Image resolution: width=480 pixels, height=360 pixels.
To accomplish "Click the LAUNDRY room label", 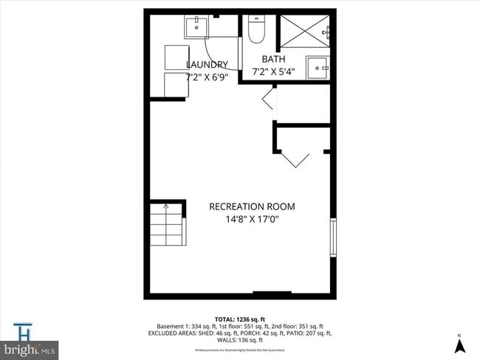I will pos(207,64).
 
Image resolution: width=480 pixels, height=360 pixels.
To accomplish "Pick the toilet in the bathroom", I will pos(257,30).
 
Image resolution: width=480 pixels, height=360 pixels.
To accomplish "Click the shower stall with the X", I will pos(304,33).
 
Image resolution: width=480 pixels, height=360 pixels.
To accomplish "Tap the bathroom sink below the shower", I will pos(318,66).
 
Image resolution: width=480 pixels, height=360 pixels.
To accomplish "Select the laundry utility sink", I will pos(196,27).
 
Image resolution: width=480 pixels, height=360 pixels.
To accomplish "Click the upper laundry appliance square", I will pos(177,58).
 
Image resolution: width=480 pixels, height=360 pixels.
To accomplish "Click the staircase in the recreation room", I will pos(168,225).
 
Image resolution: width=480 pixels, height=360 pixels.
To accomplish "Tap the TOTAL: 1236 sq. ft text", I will pos(239,319).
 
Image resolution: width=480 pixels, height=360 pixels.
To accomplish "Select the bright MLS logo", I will pos(30,348).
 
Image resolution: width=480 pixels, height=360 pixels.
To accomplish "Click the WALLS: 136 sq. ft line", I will pos(239,339).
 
